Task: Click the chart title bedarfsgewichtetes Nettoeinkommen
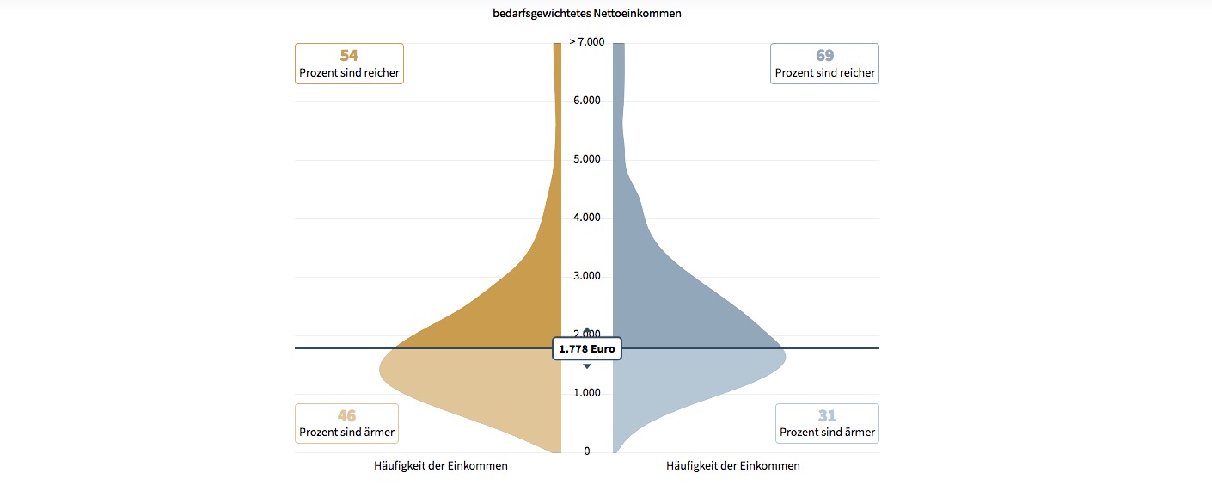click(x=587, y=14)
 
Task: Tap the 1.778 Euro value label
click(x=587, y=349)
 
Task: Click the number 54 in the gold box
click(x=349, y=56)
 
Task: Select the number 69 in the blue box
click(x=825, y=56)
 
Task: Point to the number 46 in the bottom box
click(x=346, y=416)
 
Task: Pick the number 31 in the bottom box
click(x=827, y=416)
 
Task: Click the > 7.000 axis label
click(x=587, y=42)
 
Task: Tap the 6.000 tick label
click(x=587, y=101)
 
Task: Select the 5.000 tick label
click(x=587, y=159)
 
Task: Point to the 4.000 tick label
click(x=587, y=218)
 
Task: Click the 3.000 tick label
click(x=587, y=276)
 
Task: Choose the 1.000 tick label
click(x=587, y=393)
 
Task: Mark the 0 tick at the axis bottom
click(x=587, y=451)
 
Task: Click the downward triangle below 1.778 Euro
click(x=587, y=366)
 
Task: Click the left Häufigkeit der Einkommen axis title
click(x=441, y=466)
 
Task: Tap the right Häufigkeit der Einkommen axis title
click(x=733, y=466)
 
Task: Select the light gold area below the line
click(x=481, y=387)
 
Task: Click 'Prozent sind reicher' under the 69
click(x=825, y=73)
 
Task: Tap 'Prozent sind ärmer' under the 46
click(x=346, y=433)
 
